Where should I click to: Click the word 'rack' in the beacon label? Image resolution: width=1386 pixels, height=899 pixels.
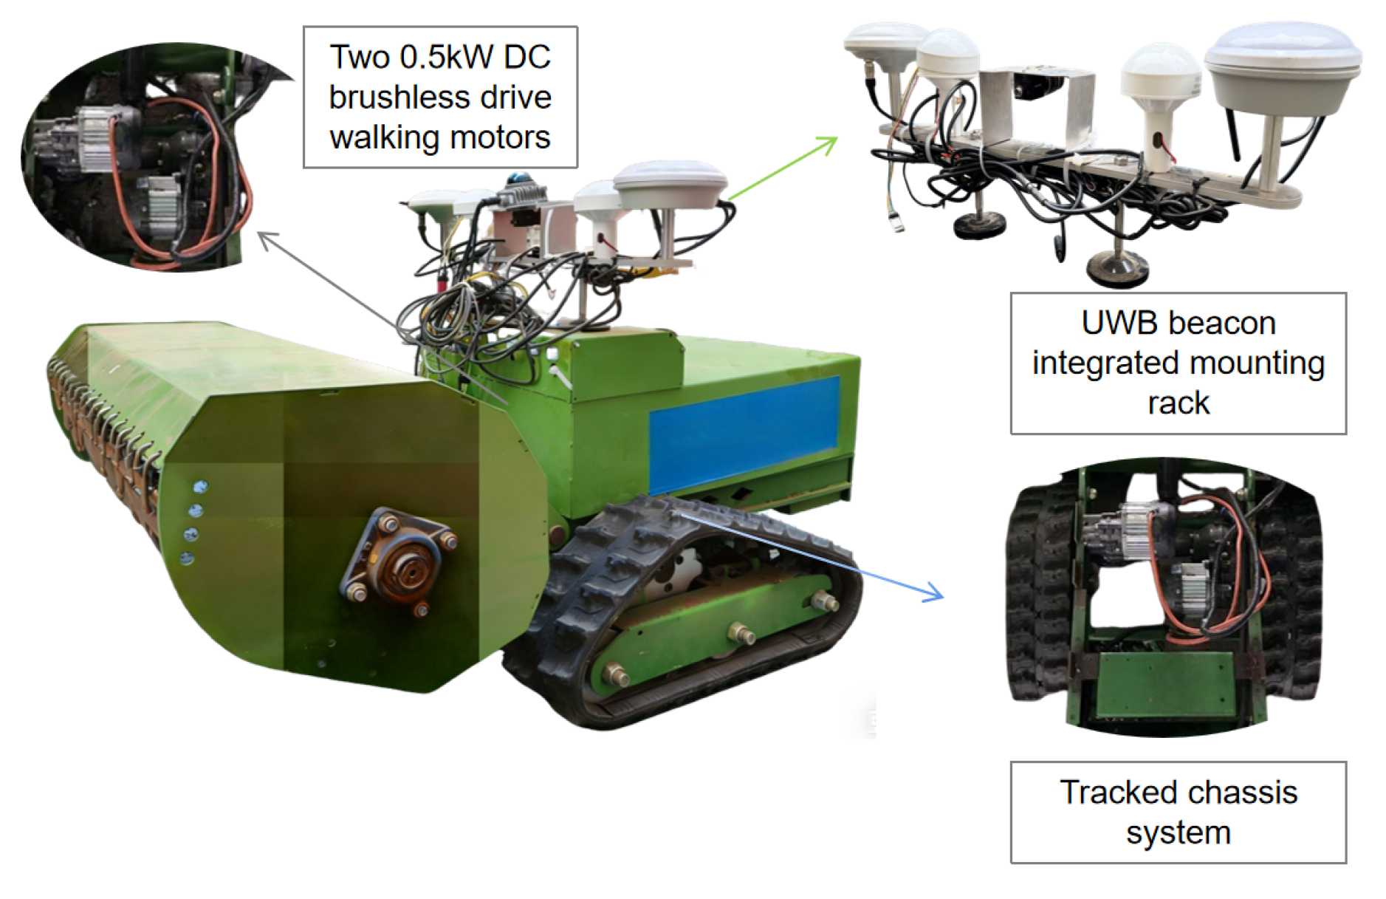(1179, 403)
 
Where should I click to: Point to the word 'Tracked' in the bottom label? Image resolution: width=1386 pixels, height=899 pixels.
(1123, 792)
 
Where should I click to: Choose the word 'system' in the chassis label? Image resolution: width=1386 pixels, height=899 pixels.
(1179, 833)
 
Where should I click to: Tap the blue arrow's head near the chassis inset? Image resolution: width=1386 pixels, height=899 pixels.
(934, 592)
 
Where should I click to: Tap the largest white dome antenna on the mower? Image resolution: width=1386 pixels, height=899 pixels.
(670, 184)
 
